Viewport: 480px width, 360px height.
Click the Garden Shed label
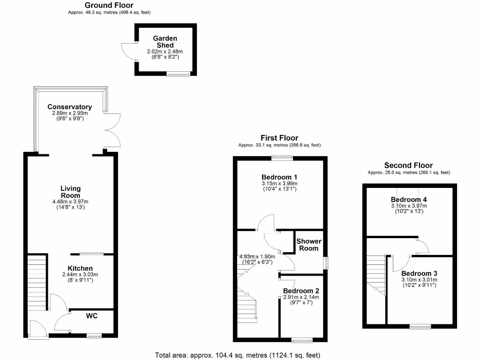point(165,42)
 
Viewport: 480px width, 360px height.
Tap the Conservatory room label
point(69,107)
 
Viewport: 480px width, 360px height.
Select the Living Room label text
point(70,192)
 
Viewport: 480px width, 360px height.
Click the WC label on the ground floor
point(91,316)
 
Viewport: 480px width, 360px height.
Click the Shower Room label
point(308,245)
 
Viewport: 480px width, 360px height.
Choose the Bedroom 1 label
point(279,177)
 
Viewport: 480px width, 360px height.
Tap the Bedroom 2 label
point(301,291)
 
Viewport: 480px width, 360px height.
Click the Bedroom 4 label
point(409,199)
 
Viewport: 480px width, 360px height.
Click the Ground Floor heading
point(109,5)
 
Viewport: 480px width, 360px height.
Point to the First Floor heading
point(279,138)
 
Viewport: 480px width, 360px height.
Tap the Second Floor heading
point(408,165)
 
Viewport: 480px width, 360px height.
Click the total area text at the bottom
point(238,355)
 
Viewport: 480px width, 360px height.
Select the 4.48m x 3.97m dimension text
point(70,202)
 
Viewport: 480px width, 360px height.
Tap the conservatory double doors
point(113,130)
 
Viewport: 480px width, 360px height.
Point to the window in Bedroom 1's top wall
point(281,157)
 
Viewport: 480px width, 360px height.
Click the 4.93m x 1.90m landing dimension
point(257,256)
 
